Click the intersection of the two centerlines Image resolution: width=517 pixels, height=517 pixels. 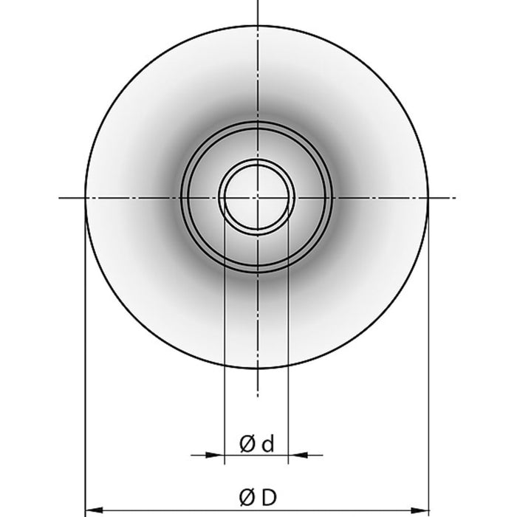[x=257, y=197]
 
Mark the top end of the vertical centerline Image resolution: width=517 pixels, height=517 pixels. [x=257, y=1]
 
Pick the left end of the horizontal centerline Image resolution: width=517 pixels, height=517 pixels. [x=58, y=197]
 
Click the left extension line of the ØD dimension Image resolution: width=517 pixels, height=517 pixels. [x=86, y=355]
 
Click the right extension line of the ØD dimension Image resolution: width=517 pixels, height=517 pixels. [x=428, y=355]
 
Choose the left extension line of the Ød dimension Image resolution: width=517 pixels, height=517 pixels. [x=223, y=332]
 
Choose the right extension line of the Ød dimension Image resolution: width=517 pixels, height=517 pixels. [x=287, y=332]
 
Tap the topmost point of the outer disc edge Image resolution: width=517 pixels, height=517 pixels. [x=257, y=27]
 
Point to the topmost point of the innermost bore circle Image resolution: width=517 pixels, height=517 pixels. [x=257, y=165]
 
